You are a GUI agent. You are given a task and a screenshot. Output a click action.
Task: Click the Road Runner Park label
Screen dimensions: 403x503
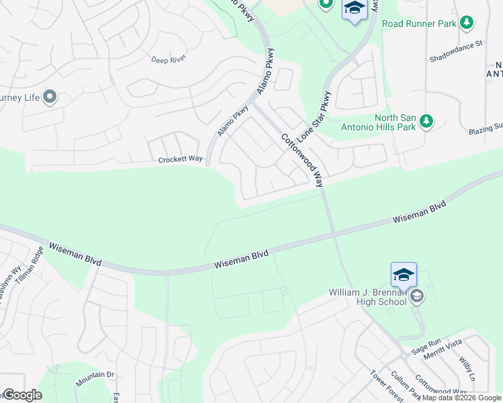420,24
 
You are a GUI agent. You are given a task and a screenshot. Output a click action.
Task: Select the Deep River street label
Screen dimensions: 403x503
168,59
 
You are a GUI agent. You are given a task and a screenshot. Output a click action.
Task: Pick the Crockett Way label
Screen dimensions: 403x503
180,160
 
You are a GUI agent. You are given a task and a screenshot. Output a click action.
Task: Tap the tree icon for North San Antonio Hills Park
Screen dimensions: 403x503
426,122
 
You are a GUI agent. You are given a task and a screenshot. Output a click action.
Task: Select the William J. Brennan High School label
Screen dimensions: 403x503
368,296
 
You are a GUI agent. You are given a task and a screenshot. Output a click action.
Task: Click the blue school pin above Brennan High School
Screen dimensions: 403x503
403,275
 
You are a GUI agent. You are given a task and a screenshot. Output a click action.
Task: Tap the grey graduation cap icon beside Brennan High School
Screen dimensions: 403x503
417,296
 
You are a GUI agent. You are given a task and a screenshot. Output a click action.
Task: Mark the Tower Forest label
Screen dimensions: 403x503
387,386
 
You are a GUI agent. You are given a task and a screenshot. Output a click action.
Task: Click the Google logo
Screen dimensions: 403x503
22,395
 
